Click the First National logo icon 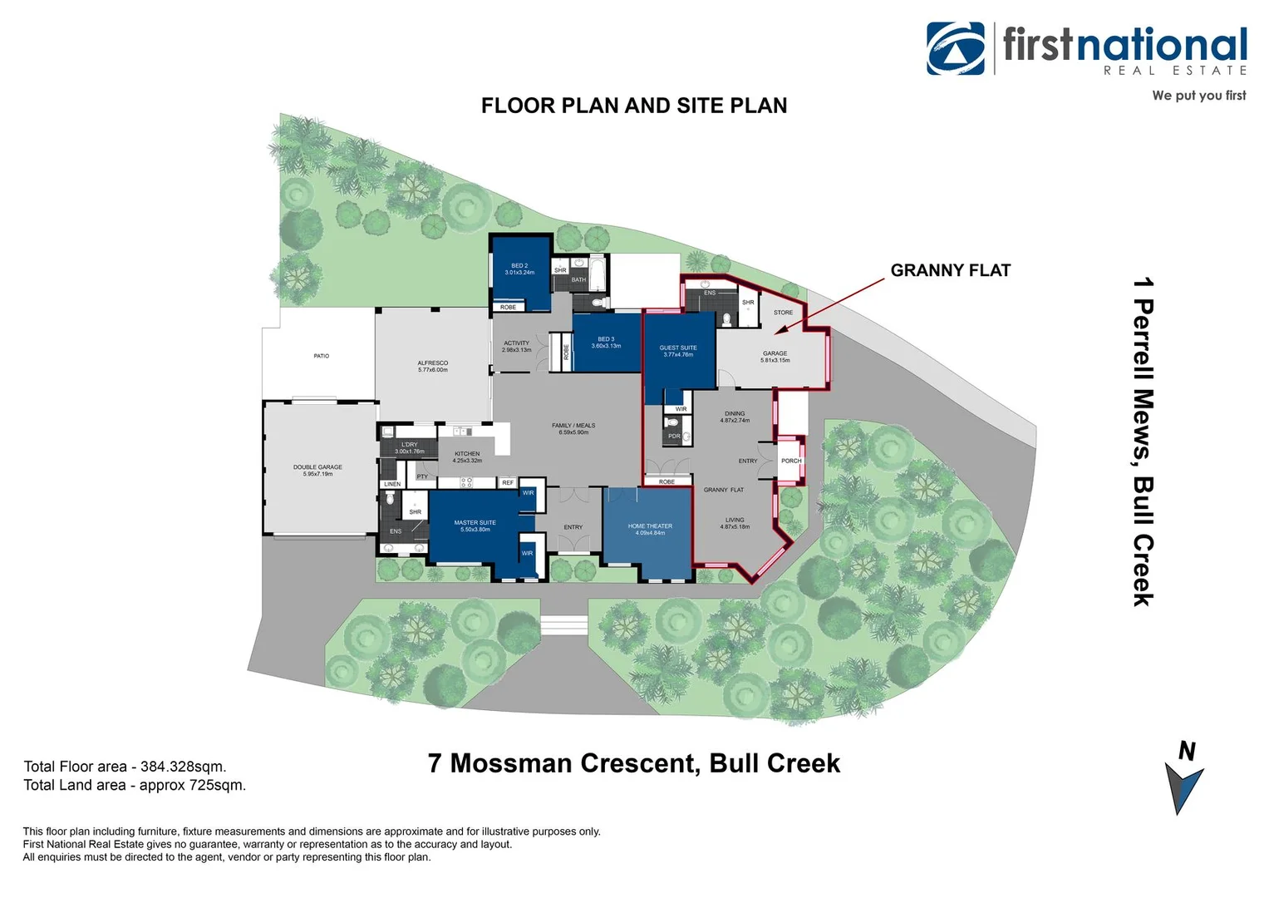956,48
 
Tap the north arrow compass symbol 1183,785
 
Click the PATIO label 321,356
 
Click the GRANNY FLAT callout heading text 950,270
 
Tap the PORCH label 791,461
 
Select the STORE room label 783,313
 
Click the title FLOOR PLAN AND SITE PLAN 634,106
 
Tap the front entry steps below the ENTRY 563,624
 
